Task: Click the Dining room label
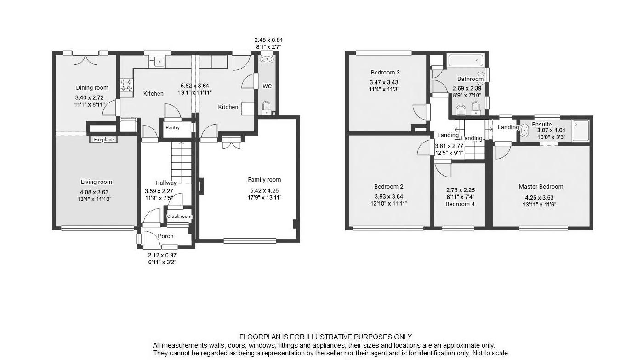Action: click(x=92, y=88)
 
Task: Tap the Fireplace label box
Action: click(x=103, y=139)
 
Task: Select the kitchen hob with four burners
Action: click(x=126, y=85)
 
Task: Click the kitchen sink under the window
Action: click(x=159, y=61)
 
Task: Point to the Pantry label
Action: click(x=172, y=128)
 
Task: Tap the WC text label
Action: click(x=267, y=86)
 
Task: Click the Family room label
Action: click(x=264, y=180)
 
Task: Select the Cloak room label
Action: click(x=179, y=217)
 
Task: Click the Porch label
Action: click(x=165, y=236)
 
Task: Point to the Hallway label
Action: click(x=166, y=183)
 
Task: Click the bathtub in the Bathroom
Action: click(x=465, y=61)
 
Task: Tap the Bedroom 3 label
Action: click(x=385, y=73)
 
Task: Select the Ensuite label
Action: click(x=542, y=124)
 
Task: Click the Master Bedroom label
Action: click(x=541, y=187)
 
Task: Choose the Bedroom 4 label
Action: click(x=460, y=204)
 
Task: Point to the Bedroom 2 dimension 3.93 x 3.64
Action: click(x=389, y=196)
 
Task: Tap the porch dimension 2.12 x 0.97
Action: click(x=162, y=255)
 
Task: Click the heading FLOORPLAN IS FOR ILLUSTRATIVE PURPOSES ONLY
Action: click(x=325, y=337)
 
